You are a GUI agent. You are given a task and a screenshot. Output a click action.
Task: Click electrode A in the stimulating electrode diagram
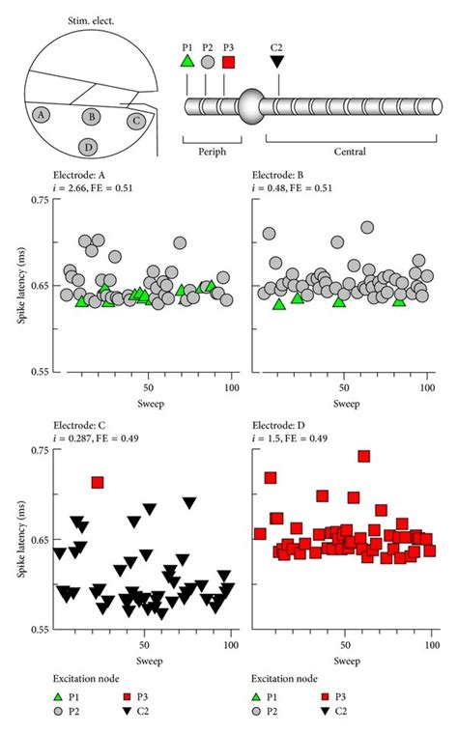point(41,114)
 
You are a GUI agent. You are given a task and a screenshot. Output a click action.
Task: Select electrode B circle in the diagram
point(92,117)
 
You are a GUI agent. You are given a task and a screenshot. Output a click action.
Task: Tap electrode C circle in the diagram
point(136,121)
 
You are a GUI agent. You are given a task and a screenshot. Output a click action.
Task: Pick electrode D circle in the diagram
point(89,147)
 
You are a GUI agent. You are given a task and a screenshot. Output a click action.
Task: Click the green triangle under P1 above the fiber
point(187,62)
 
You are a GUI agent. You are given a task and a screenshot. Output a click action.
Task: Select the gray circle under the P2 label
point(208,62)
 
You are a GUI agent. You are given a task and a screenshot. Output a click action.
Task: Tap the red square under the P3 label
point(229,62)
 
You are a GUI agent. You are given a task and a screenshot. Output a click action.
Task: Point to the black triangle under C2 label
point(277,62)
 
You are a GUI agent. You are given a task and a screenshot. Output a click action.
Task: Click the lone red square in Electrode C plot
point(97,481)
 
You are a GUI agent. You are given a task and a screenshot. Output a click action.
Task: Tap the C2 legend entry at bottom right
point(339,713)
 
